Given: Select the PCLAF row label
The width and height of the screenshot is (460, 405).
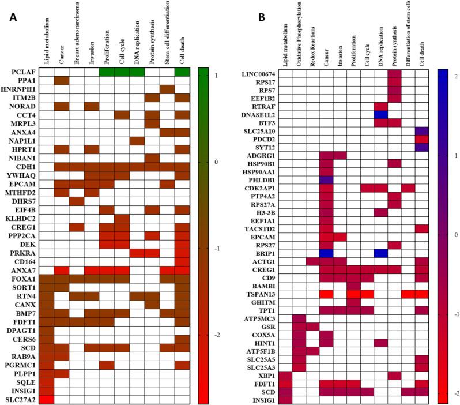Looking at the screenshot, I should [x=27, y=72].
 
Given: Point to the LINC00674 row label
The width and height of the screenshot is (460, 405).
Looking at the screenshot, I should [x=259, y=73].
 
